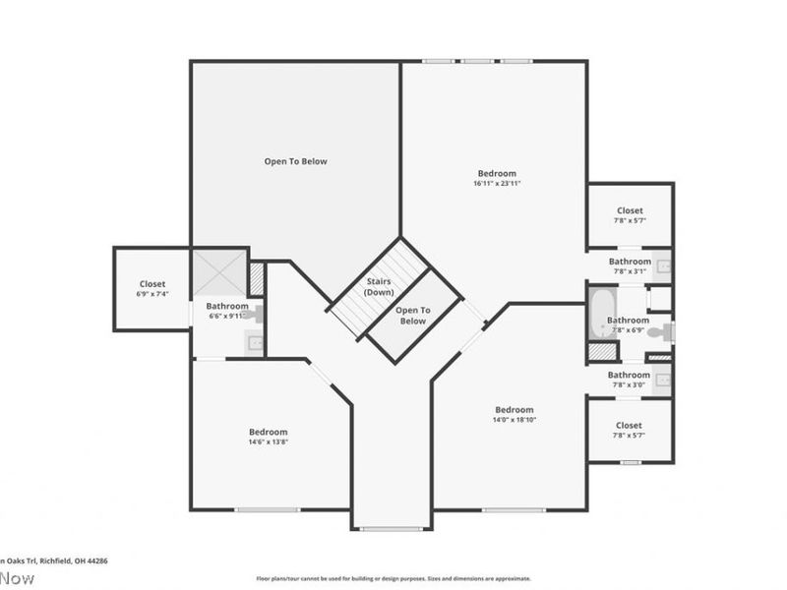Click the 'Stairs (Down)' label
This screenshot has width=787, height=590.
tap(378, 287)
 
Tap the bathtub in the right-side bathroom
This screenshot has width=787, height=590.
tap(600, 313)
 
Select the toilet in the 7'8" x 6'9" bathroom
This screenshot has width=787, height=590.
tap(668, 331)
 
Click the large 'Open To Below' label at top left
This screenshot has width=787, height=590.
tap(295, 161)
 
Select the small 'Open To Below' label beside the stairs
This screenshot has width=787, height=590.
tap(411, 316)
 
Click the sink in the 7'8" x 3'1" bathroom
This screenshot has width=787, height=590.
tap(663, 265)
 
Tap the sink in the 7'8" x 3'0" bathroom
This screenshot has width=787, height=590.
tap(663, 380)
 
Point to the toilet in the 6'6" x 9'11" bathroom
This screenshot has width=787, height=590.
tap(255, 315)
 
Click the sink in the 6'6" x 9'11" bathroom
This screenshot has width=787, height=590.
tap(254, 342)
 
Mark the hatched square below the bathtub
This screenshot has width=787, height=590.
tap(598, 351)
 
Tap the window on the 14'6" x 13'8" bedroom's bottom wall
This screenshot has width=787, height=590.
tap(267, 509)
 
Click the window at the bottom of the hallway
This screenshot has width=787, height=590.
tap(393, 529)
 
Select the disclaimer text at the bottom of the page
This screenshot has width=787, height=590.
tap(393, 578)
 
